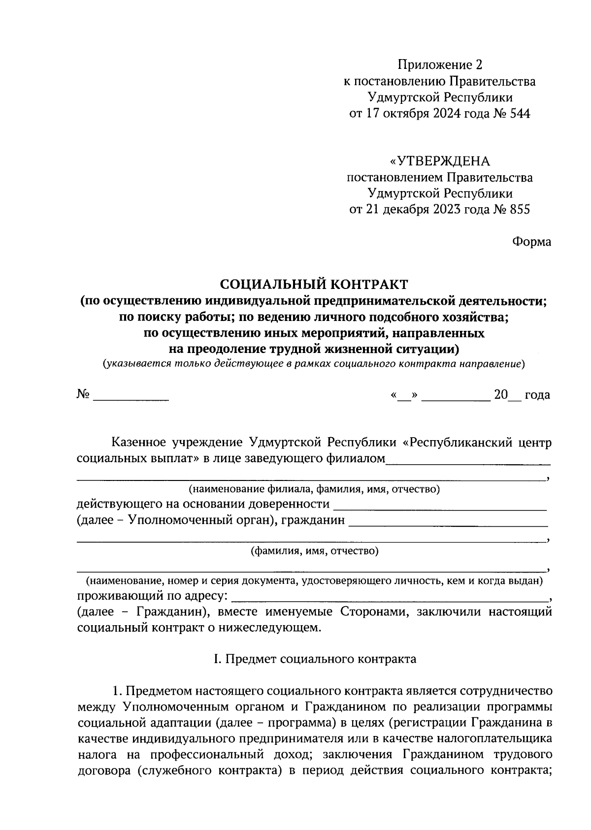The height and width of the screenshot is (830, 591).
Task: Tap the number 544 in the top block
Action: pyautogui.click(x=518, y=114)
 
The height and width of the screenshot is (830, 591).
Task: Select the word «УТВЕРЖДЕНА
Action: pyautogui.click(x=439, y=161)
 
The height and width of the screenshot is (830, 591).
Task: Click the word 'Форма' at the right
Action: pyautogui.click(x=531, y=242)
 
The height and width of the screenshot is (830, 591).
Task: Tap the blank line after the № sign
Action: pyautogui.click(x=131, y=395)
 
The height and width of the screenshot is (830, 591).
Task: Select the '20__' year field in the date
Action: pyautogui.click(x=506, y=395)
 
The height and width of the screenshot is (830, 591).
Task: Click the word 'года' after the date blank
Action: pyautogui.click(x=537, y=395)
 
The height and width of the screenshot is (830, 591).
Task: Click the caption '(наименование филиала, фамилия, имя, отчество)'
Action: pyautogui.click(x=314, y=489)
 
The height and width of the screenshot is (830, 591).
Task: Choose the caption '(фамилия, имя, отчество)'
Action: pyautogui.click(x=314, y=551)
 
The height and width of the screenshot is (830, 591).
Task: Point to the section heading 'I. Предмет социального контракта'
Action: pyautogui.click(x=314, y=659)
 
